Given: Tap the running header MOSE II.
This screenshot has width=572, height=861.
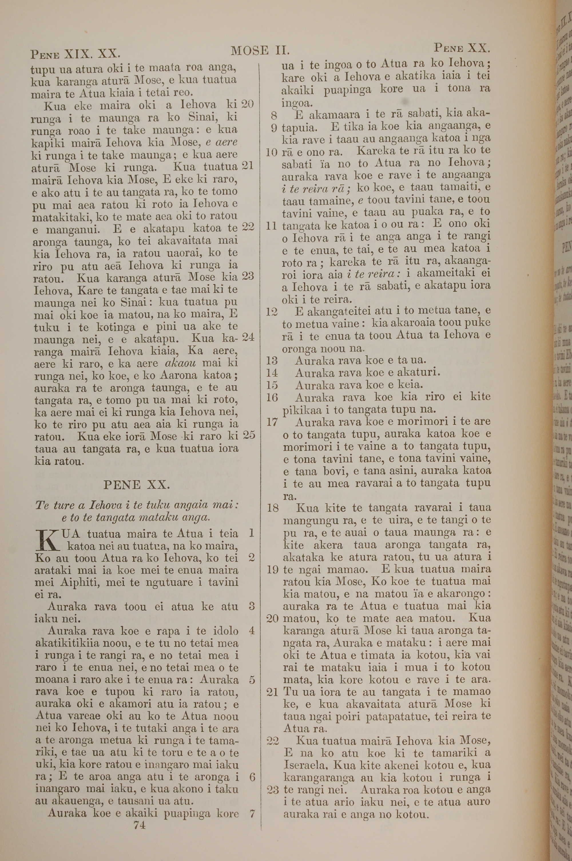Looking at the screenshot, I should (x=260, y=50).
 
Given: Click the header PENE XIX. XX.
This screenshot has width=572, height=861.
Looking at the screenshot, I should (x=75, y=54).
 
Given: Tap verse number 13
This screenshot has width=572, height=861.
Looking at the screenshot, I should (x=272, y=361).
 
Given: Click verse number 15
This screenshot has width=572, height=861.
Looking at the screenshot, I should (x=272, y=385).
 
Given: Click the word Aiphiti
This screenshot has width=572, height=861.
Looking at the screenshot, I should (x=56, y=582).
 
